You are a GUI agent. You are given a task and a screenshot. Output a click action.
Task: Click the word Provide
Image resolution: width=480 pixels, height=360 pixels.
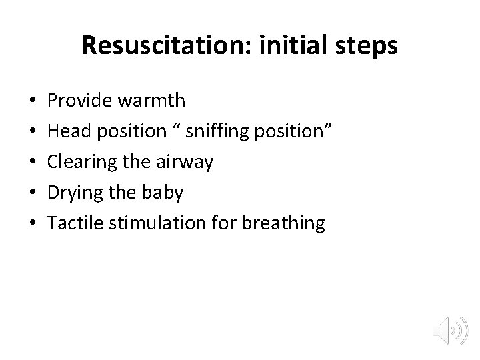(x=79, y=100)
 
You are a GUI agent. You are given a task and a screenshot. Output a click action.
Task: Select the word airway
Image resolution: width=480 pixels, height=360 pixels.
(x=189, y=161)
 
